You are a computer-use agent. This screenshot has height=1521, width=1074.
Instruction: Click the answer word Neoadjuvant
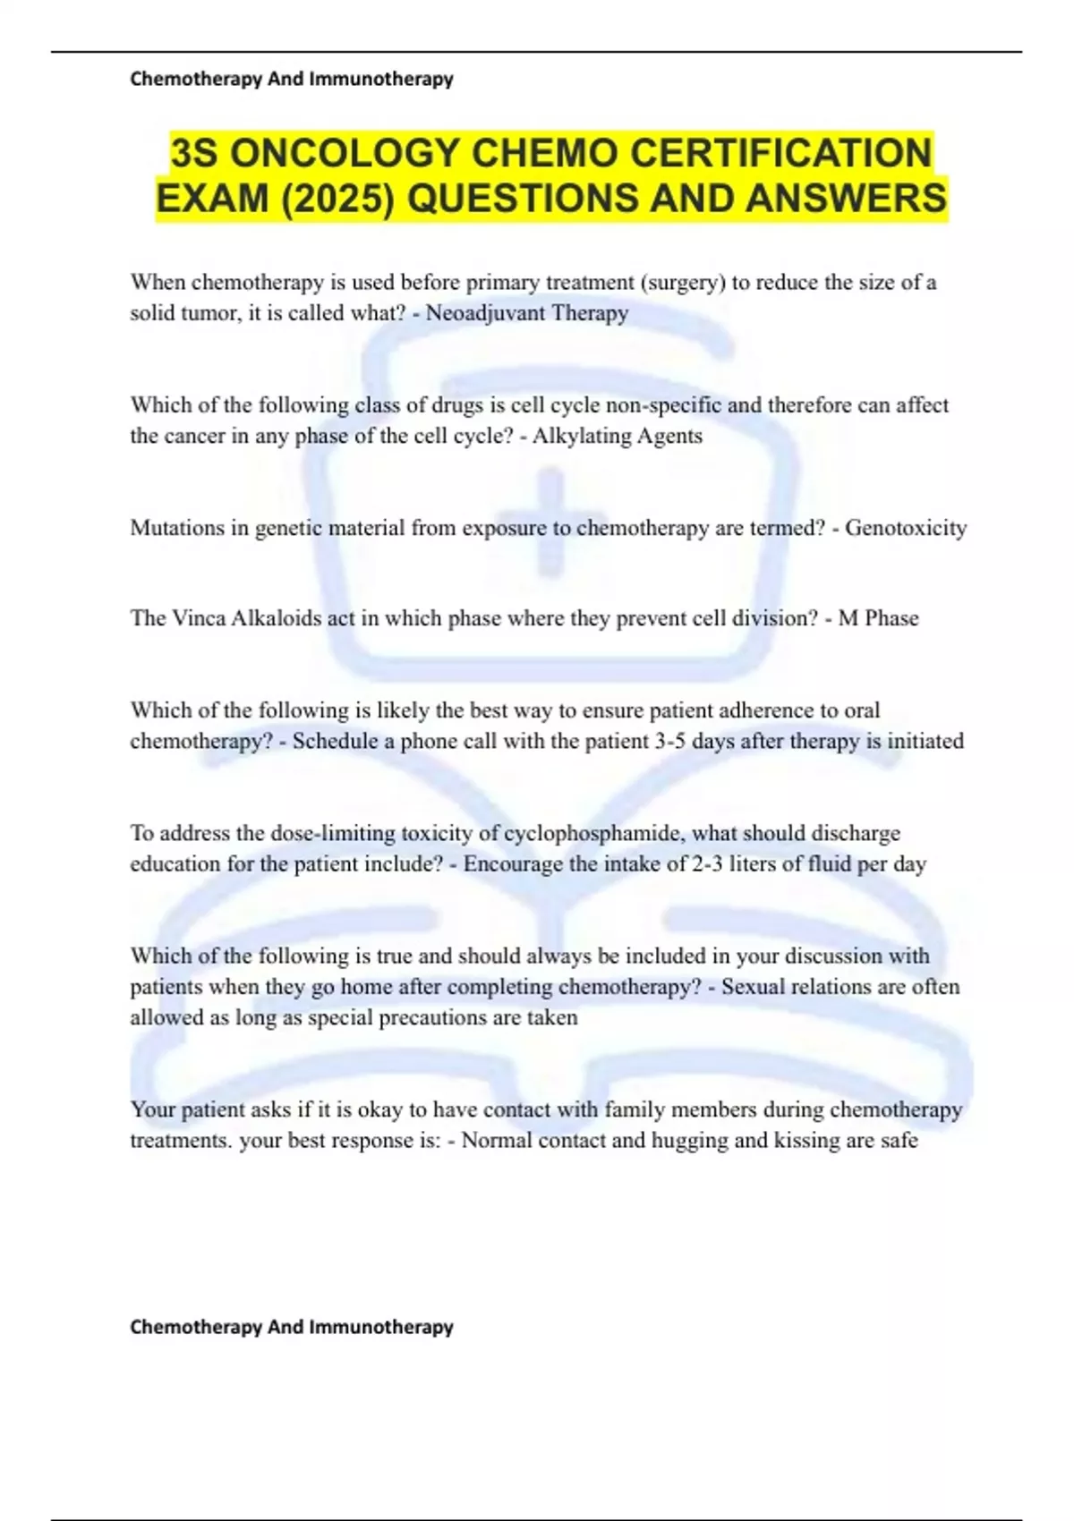coord(484,313)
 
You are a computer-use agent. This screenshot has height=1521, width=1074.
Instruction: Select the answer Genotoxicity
coord(906,528)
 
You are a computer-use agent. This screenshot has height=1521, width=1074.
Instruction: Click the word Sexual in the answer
coord(754,987)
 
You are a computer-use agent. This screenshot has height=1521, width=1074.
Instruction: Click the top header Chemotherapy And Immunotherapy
coord(292,79)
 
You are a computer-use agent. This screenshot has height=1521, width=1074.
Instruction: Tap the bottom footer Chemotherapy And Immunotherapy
coord(292,1326)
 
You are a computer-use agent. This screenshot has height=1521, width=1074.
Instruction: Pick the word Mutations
coord(177,528)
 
